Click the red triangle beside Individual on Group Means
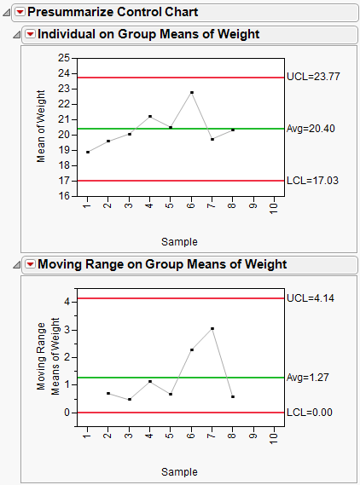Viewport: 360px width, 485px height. (x=30, y=34)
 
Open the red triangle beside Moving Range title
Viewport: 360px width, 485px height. (x=30, y=264)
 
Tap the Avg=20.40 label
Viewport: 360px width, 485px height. (x=308, y=129)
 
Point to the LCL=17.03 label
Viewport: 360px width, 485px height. (x=308, y=181)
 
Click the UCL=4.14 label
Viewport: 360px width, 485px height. (x=306, y=298)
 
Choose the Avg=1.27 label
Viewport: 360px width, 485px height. (x=306, y=377)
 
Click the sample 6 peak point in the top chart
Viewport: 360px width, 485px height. (x=192, y=92)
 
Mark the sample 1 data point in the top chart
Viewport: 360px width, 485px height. (x=87, y=152)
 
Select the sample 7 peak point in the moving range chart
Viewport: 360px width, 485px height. (x=212, y=328)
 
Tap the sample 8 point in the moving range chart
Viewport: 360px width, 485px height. (x=233, y=396)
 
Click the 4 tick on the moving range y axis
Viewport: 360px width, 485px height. (x=67, y=302)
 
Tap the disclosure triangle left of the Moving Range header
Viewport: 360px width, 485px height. (x=17, y=265)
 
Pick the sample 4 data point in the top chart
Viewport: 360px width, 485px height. (x=150, y=116)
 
